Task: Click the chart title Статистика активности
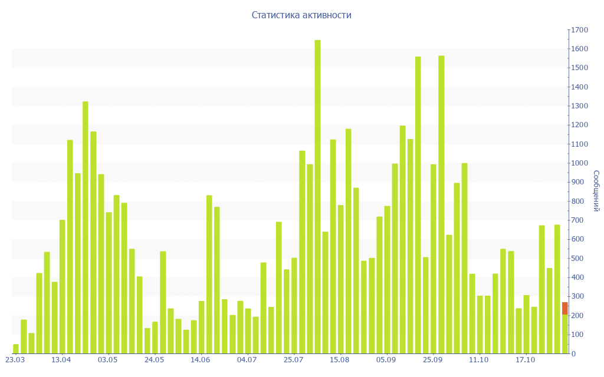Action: (x=301, y=15)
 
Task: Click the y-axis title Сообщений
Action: (x=596, y=191)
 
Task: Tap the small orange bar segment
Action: (x=564, y=308)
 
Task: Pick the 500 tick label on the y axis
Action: (x=579, y=259)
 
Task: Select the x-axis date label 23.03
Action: (x=15, y=360)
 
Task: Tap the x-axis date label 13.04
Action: (x=61, y=360)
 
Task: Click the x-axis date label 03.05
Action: (x=108, y=360)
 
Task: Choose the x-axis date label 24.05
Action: (x=154, y=360)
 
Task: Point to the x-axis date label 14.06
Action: (x=201, y=360)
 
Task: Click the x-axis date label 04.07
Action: (x=247, y=360)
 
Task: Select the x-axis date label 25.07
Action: (x=293, y=360)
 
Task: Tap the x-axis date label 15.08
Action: (x=340, y=360)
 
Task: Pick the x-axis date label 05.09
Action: (x=386, y=360)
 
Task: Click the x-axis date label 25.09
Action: (x=432, y=360)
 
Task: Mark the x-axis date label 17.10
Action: (x=525, y=360)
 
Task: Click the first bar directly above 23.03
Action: (x=16, y=349)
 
